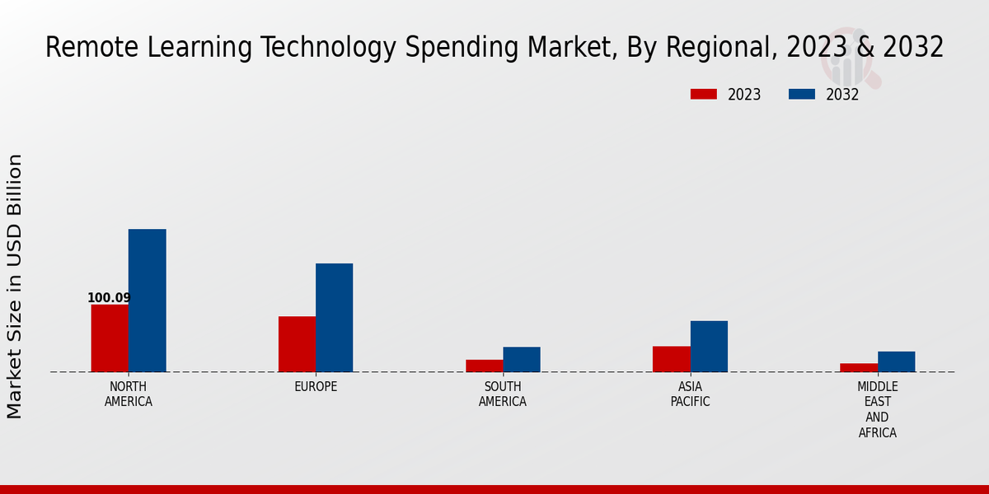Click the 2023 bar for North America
pos(110,338)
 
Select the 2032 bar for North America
pos(147,301)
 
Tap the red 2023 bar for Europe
pos(297,344)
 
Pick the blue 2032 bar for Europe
pos(334,318)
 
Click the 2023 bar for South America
pos(484,366)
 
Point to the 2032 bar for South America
pos(522,359)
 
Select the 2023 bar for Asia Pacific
pos(671,359)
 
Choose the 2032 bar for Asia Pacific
pos(709,346)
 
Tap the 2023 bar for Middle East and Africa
pos(859,367)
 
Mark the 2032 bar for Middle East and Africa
pos(896,361)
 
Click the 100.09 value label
pos(109,298)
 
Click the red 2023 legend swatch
pos(703,95)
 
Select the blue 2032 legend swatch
pos(801,95)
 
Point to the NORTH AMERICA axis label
pos(129,394)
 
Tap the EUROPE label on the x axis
pos(316,387)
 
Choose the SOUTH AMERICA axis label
pos(503,394)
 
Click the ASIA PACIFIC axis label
pos(690,394)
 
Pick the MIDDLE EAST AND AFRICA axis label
pos(878,410)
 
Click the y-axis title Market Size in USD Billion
pos(15,286)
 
